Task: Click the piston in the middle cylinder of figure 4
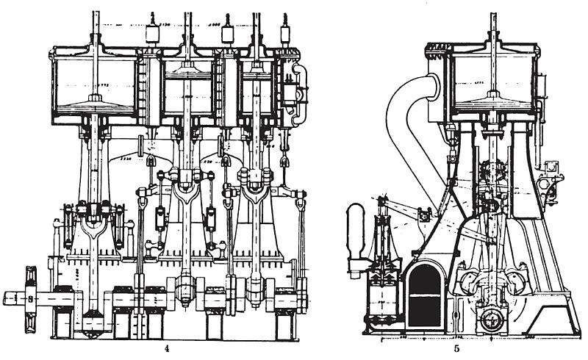188,73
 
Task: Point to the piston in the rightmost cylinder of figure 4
257,73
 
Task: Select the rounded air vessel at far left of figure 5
356,231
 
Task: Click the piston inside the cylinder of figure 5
492,102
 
